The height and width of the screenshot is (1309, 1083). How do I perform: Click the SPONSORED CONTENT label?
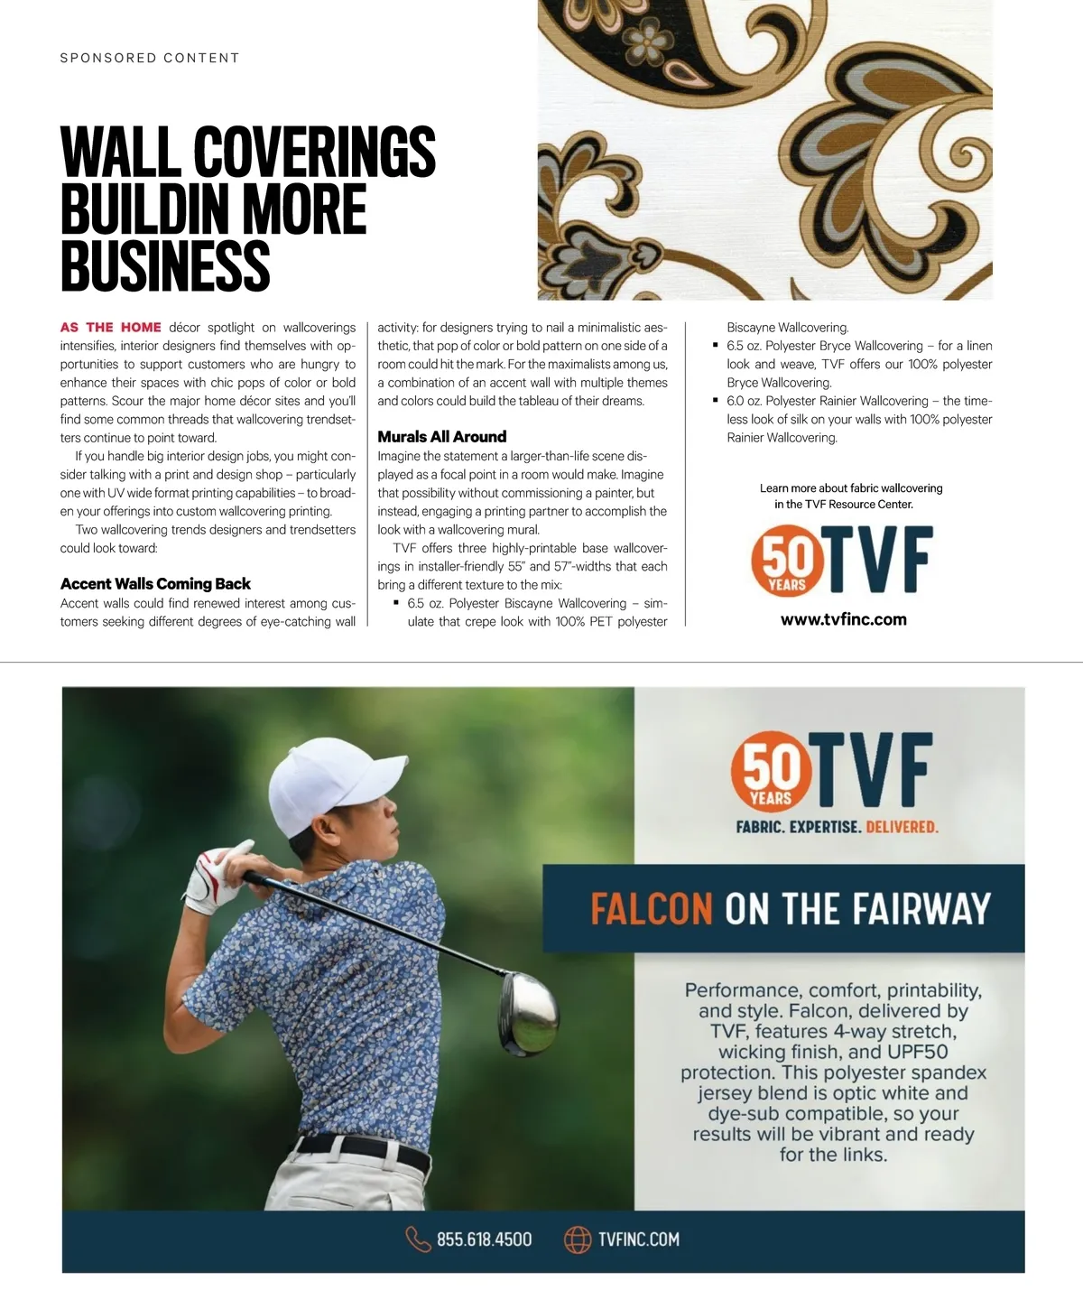tap(150, 58)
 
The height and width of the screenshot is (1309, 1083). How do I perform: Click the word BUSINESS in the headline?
tap(165, 265)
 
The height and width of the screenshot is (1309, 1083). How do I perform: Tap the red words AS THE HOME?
tap(111, 328)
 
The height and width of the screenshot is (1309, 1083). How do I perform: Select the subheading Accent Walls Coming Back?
tap(155, 584)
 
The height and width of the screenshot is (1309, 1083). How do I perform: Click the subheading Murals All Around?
tap(442, 437)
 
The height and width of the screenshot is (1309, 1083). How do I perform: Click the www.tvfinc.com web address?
tap(844, 620)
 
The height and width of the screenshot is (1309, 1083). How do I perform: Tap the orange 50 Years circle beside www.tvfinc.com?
tap(787, 562)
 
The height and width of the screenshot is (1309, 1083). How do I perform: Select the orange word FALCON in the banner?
tap(652, 909)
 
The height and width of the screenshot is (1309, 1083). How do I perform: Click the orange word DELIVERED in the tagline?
tap(902, 827)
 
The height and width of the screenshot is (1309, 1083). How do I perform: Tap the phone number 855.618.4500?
tap(485, 1239)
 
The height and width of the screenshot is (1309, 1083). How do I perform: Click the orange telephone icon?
tap(418, 1239)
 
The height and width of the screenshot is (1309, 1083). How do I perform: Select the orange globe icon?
tap(578, 1239)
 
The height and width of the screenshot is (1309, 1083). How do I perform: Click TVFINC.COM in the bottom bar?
tap(639, 1239)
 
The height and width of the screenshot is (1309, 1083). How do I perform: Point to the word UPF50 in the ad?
tap(918, 1052)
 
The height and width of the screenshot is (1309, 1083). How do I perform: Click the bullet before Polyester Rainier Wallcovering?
tap(716, 400)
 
